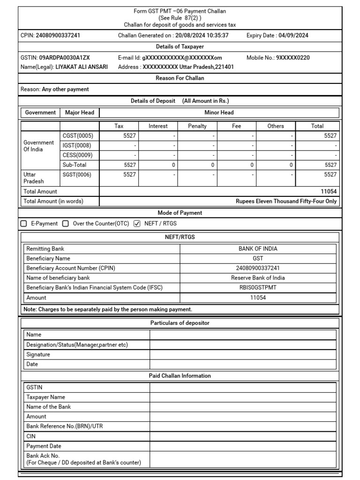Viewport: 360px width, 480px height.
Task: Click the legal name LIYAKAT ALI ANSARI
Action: point(82,67)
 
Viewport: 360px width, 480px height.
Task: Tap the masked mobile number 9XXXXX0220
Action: point(292,58)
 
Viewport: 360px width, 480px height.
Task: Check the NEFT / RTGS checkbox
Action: point(137,224)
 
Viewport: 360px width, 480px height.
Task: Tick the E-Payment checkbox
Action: point(24,224)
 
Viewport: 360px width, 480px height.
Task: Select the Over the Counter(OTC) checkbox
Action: point(66,224)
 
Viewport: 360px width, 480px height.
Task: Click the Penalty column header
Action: point(197,126)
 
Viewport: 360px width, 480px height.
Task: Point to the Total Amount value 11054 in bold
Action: point(328,191)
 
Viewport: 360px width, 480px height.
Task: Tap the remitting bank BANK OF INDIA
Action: point(258,249)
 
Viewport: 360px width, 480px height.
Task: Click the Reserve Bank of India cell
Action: point(258,278)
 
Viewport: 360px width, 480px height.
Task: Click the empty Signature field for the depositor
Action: point(243,354)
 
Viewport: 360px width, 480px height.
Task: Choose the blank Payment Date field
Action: point(243,446)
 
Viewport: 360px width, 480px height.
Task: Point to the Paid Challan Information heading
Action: point(180,376)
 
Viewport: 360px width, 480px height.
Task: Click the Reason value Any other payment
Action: point(65,89)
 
